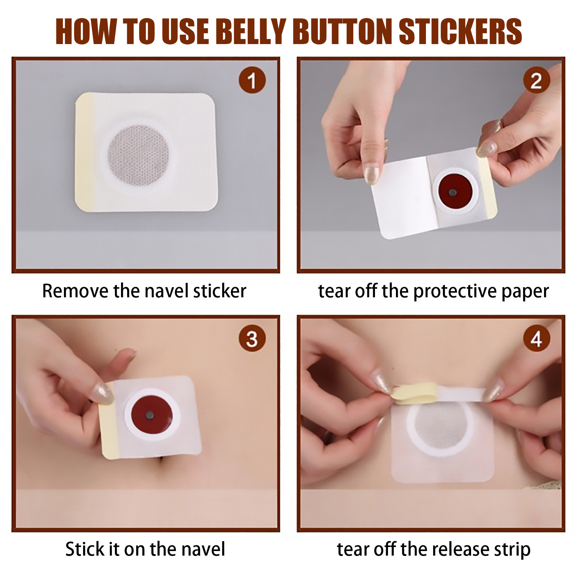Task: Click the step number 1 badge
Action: [252, 80]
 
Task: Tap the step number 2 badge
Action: [536, 80]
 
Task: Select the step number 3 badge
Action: [252, 338]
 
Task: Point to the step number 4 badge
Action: [536, 338]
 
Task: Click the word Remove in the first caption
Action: [75, 291]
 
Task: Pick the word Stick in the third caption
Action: [81, 549]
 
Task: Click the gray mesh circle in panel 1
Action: [138, 155]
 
